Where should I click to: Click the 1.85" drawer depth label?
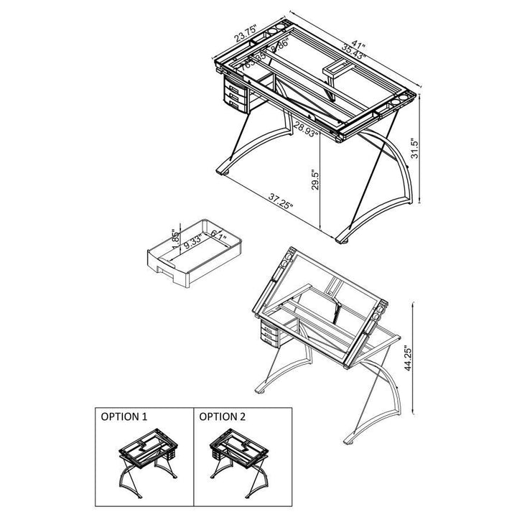click(174, 238)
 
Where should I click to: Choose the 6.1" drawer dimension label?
click(218, 235)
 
